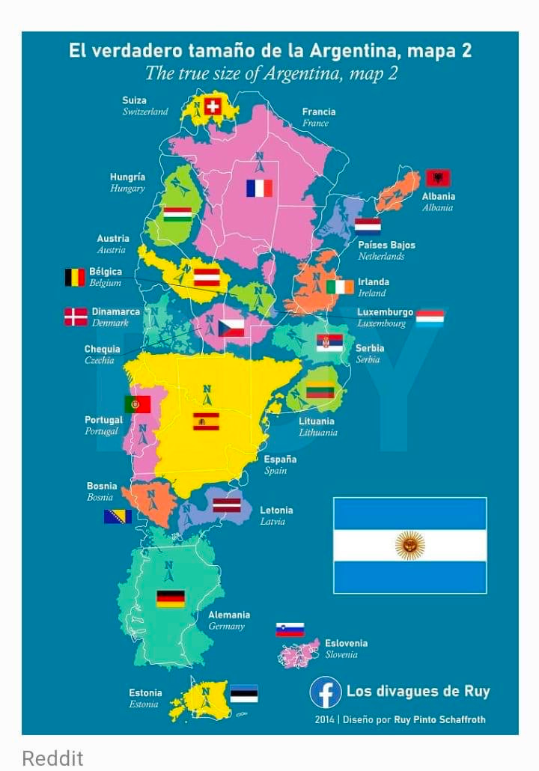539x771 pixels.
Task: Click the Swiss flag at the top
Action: pos(213,106)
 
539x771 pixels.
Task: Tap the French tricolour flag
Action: pos(259,188)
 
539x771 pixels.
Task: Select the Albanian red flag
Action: pos(438,178)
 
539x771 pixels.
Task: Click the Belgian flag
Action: pos(75,278)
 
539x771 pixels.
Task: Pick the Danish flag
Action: pos(76,317)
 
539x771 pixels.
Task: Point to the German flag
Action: pos(171,599)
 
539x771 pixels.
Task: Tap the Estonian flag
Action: pos(243,693)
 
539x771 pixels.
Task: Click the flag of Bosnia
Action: pos(118,516)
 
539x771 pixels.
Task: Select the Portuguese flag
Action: pos(137,405)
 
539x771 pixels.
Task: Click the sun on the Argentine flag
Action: pos(409,545)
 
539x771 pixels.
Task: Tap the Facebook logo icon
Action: pos(326,692)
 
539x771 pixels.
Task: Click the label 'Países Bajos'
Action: pos(386,245)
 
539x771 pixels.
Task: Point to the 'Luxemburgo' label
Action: pos(385,312)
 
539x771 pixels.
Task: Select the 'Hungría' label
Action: pos(127,177)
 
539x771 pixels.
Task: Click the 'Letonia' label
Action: pos(276,510)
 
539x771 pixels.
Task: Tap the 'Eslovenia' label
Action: pos(346,643)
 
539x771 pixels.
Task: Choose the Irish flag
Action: pos(340,287)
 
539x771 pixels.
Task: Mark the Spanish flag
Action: pos(206,421)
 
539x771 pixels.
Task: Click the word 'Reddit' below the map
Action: pos(52,758)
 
